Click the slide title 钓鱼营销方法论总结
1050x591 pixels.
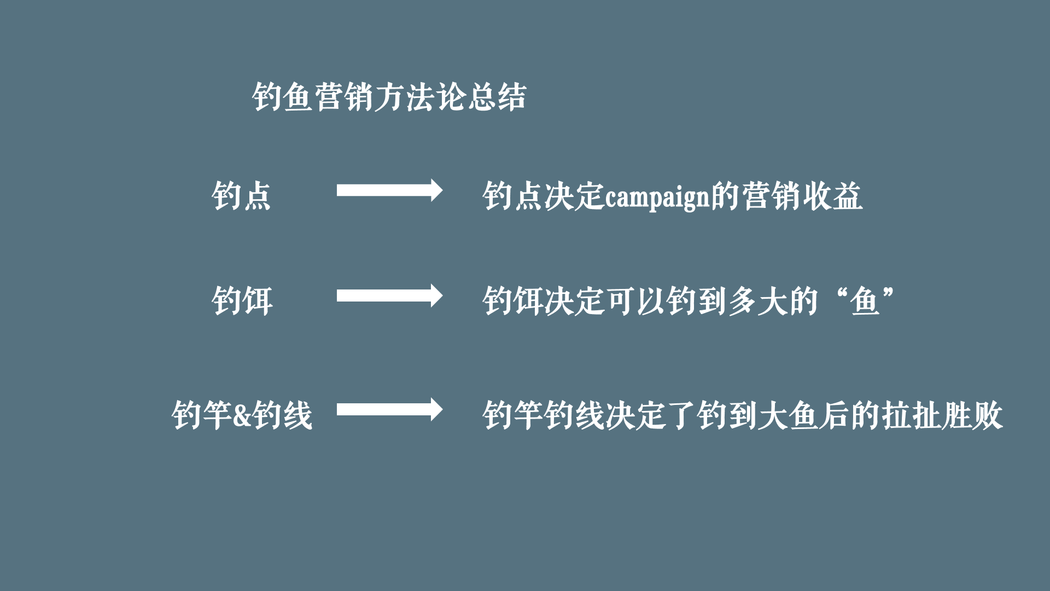click(389, 97)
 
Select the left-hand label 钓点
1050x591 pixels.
click(241, 195)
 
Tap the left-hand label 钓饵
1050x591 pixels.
click(242, 300)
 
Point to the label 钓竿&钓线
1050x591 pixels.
click(242, 414)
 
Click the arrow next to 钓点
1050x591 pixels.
click(389, 190)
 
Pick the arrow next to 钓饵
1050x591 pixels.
click(389, 296)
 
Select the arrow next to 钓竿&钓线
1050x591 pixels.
click(389, 409)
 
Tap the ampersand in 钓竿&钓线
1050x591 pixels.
click(242, 415)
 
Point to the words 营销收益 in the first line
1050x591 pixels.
click(802, 195)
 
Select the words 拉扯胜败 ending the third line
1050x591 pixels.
click(941, 414)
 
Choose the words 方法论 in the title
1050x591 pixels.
click(419, 97)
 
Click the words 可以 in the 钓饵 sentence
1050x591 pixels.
click(635, 301)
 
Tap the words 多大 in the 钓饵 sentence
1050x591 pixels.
click(758, 301)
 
